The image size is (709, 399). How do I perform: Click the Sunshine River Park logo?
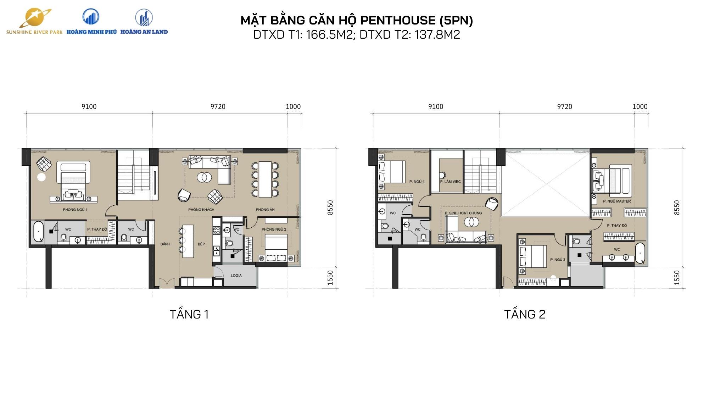tap(34, 21)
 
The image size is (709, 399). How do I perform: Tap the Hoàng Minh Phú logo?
tap(91, 21)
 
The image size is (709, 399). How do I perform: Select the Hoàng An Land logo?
tap(144, 21)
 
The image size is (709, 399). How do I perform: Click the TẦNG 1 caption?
tap(189, 314)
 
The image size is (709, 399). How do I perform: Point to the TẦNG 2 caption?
tap(525, 314)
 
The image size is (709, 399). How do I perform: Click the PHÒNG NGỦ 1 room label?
tap(75, 210)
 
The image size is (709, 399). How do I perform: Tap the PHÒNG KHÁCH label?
tap(201, 210)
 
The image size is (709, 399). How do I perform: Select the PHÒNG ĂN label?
tap(265, 210)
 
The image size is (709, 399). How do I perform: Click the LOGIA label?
tap(236, 276)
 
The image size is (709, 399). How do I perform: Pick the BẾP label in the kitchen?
tap(201, 244)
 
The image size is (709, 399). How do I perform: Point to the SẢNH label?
tap(165, 244)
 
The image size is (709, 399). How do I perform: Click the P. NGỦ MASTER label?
tap(617, 201)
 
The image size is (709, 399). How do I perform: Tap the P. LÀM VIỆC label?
tap(451, 182)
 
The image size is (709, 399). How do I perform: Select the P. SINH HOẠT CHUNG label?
tap(463, 213)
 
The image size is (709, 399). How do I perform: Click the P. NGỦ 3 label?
tap(558, 260)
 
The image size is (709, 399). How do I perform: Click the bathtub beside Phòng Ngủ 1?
tap(38, 232)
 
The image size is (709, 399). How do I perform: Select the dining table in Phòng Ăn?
tap(265, 179)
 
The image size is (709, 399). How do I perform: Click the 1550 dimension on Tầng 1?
tap(330, 278)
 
